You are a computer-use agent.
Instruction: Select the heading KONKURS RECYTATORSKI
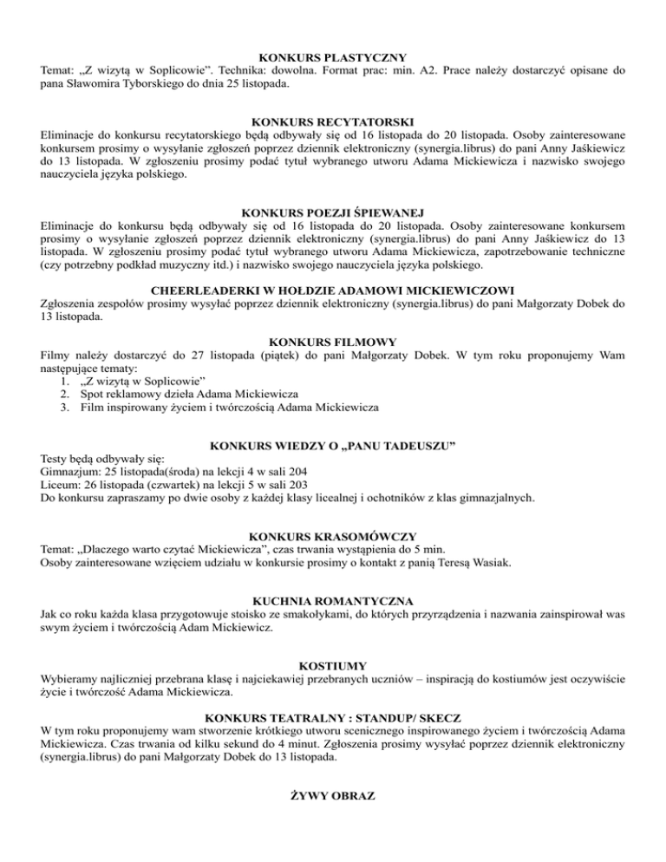pyautogui.click(x=332, y=121)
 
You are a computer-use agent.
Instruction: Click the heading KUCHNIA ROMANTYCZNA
pyautogui.click(x=332, y=600)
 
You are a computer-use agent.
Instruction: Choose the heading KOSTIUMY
pyautogui.click(x=332, y=665)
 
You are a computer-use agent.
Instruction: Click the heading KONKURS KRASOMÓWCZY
pyautogui.click(x=332, y=537)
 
